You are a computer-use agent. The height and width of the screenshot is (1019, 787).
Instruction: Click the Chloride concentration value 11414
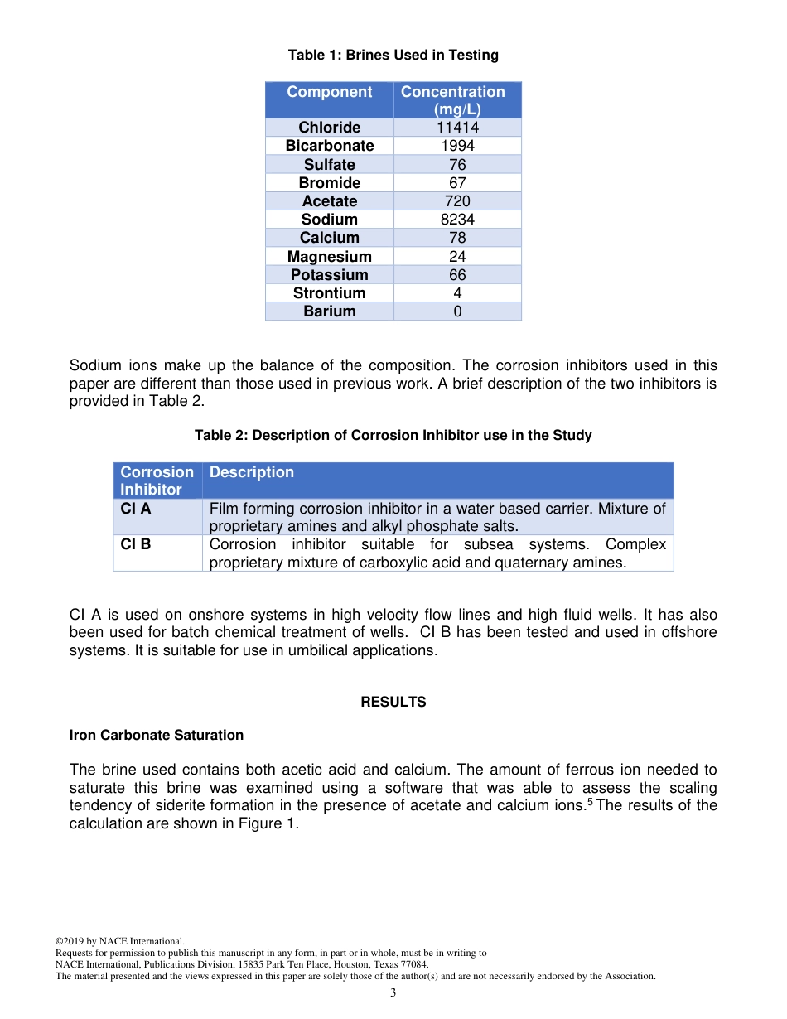[x=457, y=128]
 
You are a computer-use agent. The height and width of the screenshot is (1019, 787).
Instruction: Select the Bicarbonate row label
[x=330, y=146]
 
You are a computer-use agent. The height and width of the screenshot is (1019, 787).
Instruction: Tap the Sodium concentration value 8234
[x=457, y=220]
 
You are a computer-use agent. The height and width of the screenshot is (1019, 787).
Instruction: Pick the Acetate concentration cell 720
[x=457, y=201]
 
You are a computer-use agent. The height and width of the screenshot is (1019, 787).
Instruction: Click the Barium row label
[x=330, y=311]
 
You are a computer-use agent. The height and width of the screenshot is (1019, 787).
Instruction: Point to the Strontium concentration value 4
[x=457, y=293]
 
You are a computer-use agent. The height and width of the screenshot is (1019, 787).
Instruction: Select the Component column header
[x=330, y=92]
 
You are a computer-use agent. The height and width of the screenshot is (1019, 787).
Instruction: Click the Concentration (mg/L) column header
[x=453, y=100]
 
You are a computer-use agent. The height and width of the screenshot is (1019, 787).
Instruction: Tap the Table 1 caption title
[x=393, y=56]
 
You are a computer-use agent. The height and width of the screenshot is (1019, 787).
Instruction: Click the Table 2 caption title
[x=393, y=436]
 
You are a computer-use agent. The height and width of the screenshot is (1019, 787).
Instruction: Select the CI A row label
[x=136, y=509]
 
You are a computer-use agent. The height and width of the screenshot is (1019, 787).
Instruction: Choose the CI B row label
[x=136, y=545]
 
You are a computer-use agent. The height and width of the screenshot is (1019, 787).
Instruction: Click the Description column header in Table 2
[x=252, y=472]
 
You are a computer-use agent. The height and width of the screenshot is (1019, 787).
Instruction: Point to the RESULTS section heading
[x=393, y=702]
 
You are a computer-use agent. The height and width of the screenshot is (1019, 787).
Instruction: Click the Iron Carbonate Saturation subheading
[x=157, y=735]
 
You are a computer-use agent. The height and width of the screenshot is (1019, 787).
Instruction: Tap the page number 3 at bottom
[x=393, y=993]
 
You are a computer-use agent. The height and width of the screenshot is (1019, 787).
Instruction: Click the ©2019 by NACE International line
[x=120, y=942]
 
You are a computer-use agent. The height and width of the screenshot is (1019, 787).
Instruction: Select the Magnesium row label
[x=330, y=257]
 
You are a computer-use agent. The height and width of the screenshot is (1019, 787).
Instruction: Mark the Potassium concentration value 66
[x=457, y=275]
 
